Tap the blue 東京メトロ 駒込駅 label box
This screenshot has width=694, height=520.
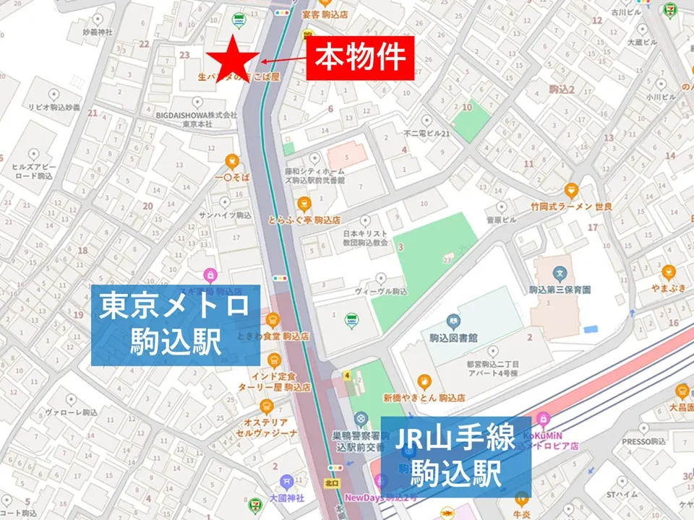174,324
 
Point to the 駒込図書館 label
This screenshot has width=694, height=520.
453,338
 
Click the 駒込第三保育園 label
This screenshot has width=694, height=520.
560,289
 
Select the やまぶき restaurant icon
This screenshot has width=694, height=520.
668,272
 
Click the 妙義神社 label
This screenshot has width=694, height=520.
98,32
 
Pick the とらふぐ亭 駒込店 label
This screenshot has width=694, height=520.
304,220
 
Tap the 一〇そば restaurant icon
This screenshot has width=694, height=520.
231,160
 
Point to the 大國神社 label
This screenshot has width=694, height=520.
286,498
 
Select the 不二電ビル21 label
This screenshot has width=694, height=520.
427,134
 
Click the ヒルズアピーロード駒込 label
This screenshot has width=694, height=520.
33,170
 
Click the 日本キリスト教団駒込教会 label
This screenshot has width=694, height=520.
365,239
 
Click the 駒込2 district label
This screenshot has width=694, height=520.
561,90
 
